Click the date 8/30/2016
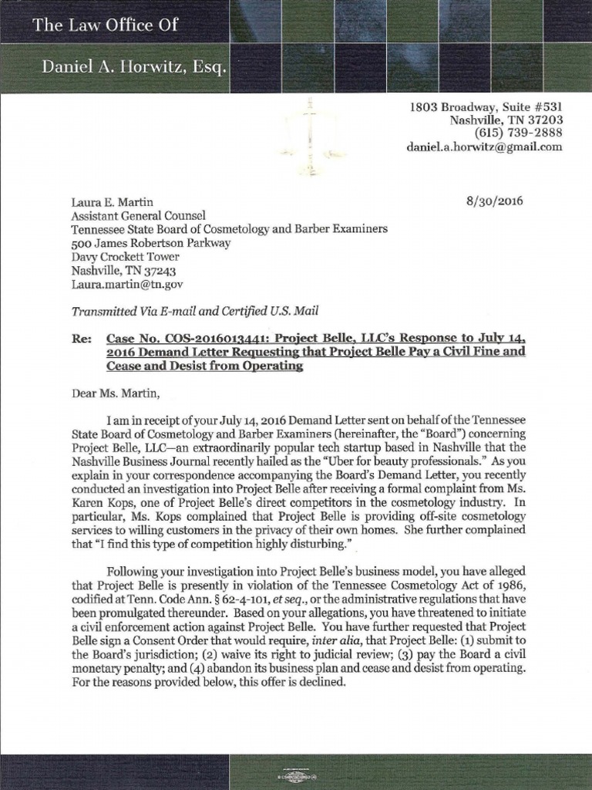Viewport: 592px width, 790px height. pyautogui.click(x=494, y=201)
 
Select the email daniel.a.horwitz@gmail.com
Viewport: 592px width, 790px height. pyautogui.click(x=485, y=147)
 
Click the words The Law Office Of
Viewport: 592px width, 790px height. pyautogui.click(x=106, y=25)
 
